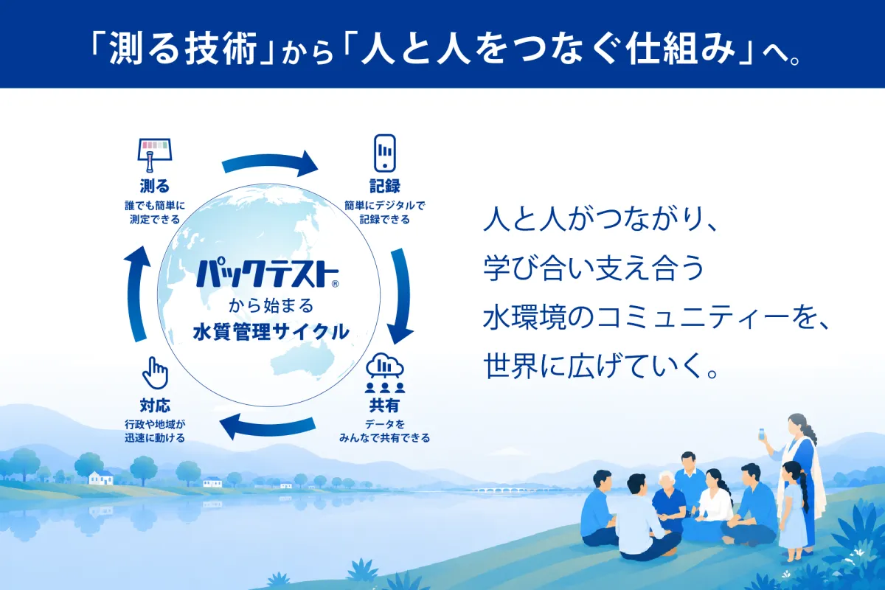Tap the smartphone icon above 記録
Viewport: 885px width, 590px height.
385,153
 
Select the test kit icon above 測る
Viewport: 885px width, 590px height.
154,155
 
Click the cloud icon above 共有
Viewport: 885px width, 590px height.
385,365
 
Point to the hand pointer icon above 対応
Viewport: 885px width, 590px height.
156,373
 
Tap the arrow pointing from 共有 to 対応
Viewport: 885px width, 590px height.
268,426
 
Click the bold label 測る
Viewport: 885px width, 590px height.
154,186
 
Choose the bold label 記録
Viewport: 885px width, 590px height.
385,186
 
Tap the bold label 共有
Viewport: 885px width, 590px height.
384,406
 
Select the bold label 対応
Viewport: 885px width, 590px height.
155,406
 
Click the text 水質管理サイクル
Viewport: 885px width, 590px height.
271,332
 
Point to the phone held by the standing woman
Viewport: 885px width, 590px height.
761,434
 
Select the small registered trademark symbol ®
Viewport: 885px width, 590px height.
335,284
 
